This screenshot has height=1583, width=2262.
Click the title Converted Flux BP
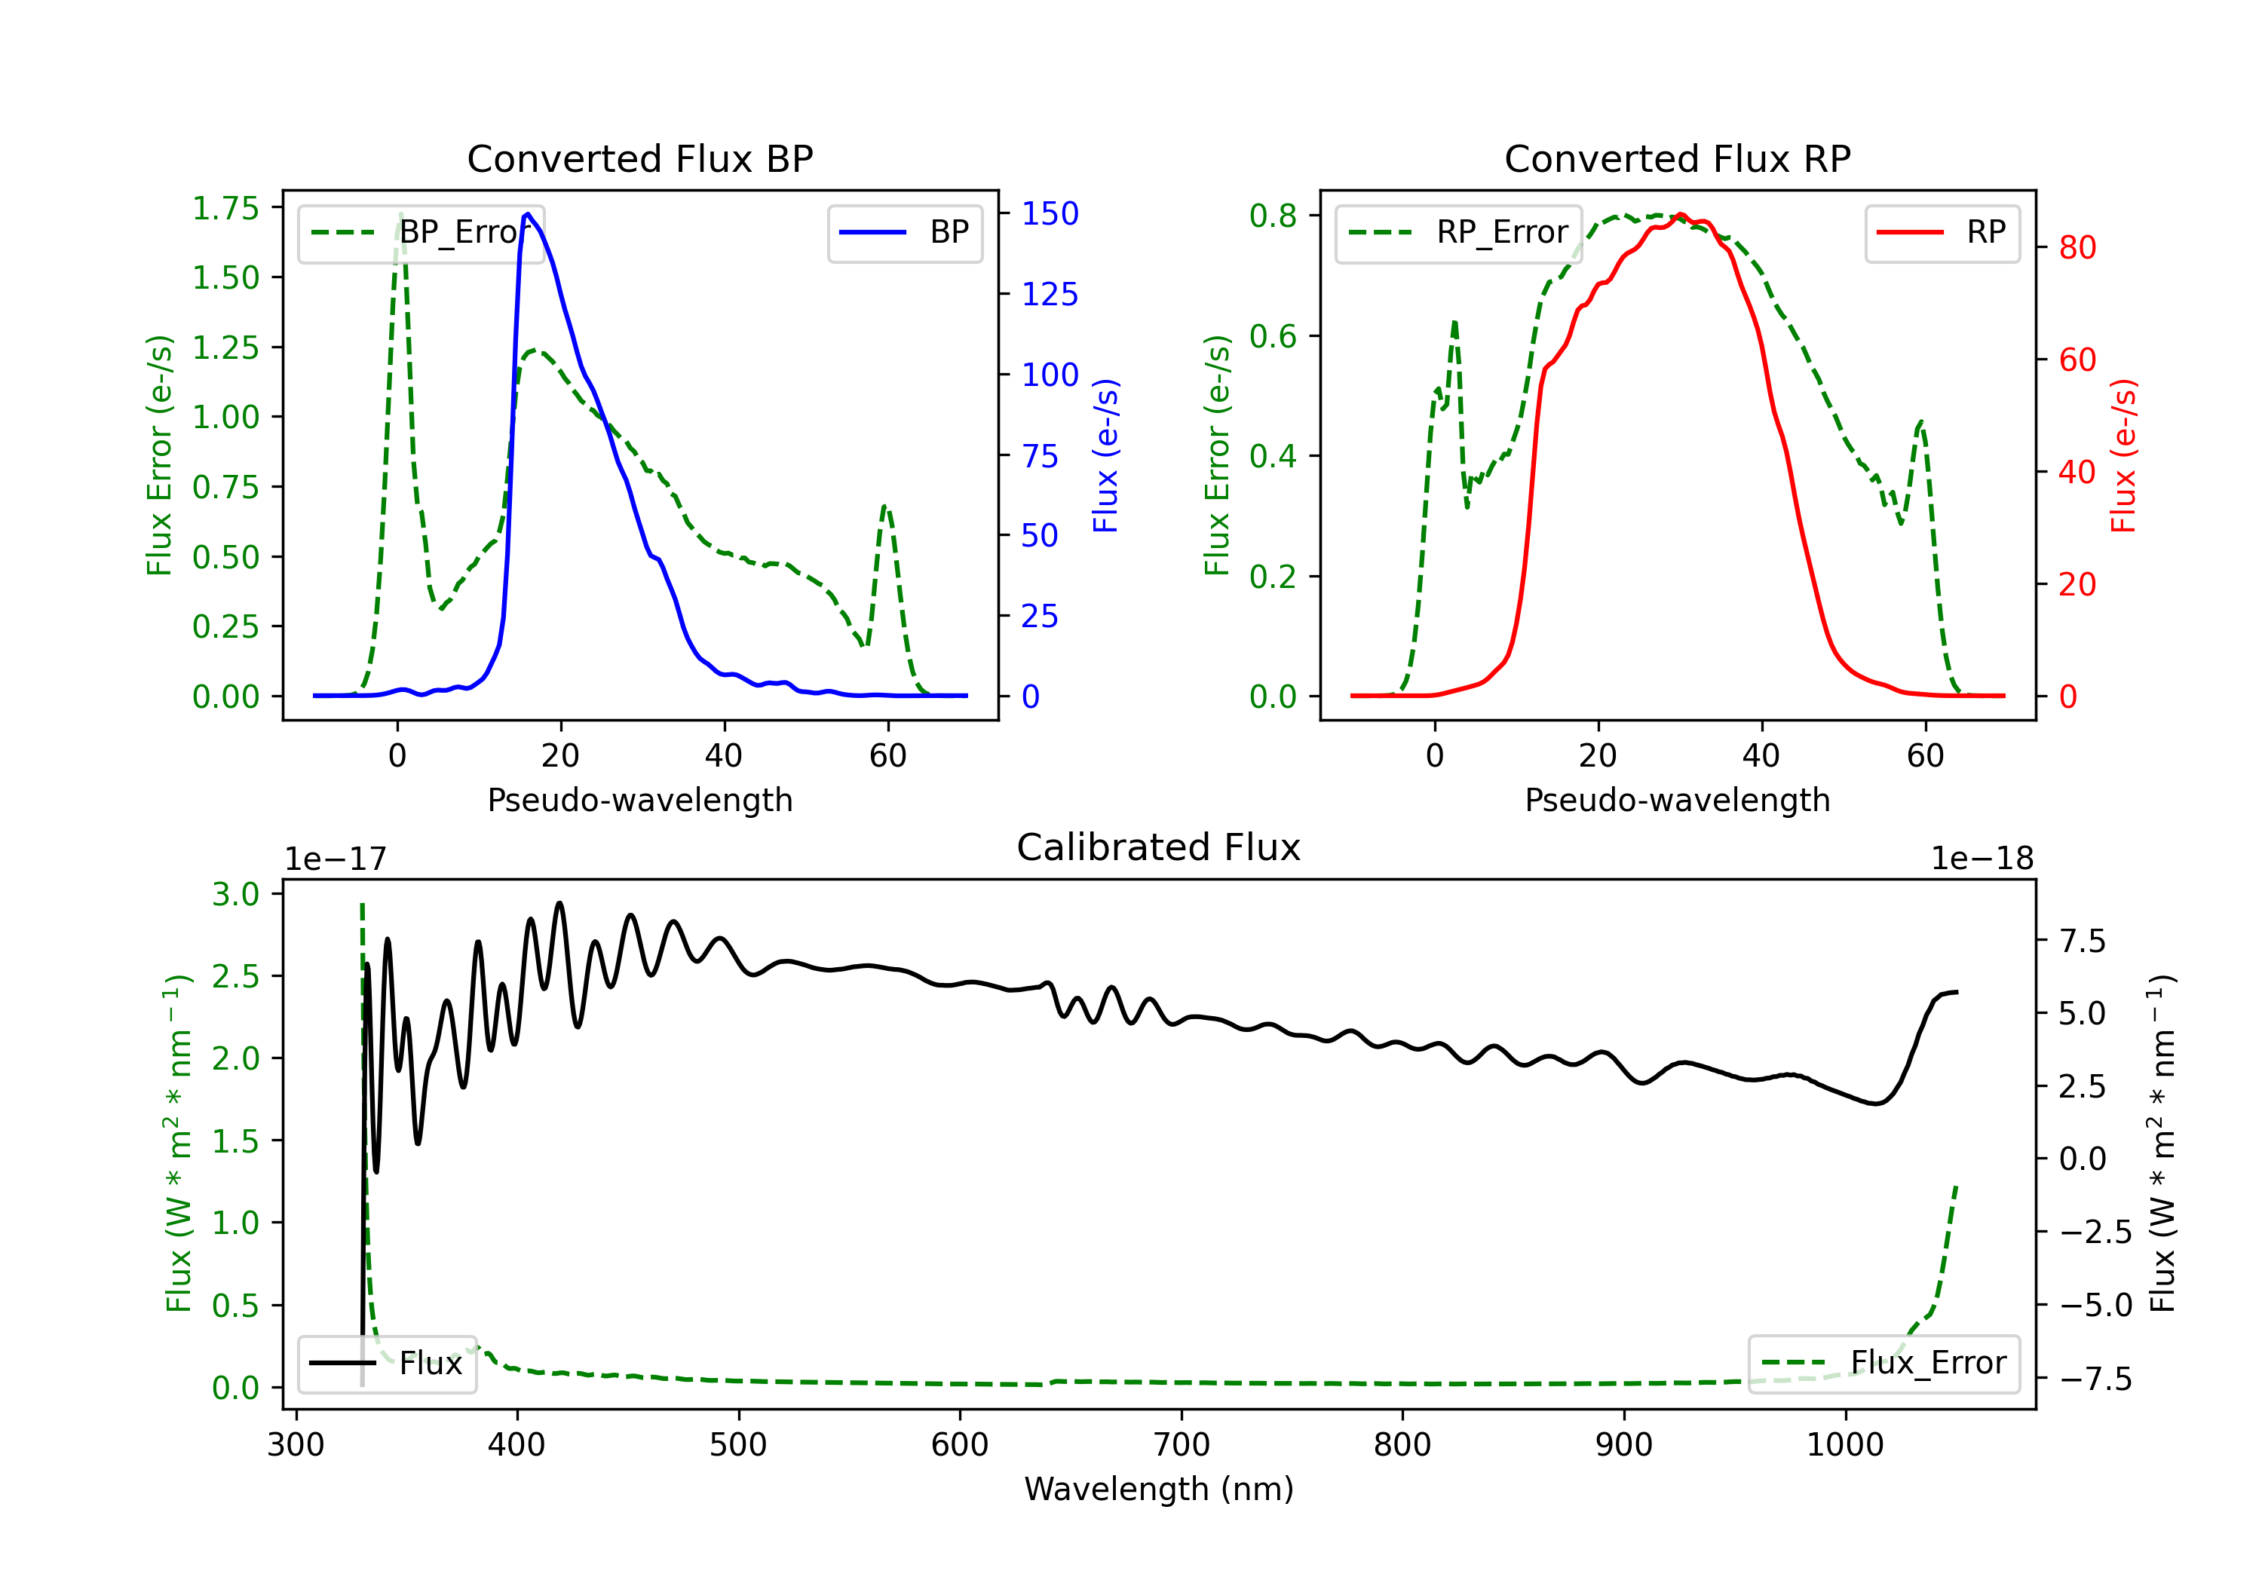[639, 158]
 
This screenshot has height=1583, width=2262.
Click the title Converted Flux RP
[1677, 158]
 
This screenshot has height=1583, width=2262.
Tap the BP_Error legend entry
[421, 232]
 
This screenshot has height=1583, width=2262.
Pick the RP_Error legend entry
[1458, 232]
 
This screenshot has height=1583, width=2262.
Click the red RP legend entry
[1942, 232]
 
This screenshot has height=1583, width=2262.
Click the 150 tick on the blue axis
[1050, 214]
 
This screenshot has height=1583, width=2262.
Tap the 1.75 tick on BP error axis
[225, 208]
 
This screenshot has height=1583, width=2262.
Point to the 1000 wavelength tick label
[1844, 1445]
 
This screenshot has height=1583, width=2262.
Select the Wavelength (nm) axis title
[1159, 1489]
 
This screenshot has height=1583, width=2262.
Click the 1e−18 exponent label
[1982, 859]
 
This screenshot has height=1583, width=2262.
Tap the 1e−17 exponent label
[336, 859]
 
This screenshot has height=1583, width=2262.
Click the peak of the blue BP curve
[528, 214]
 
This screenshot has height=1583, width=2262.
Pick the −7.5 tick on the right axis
[2095, 1379]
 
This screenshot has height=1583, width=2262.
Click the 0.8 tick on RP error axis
[1273, 215]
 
